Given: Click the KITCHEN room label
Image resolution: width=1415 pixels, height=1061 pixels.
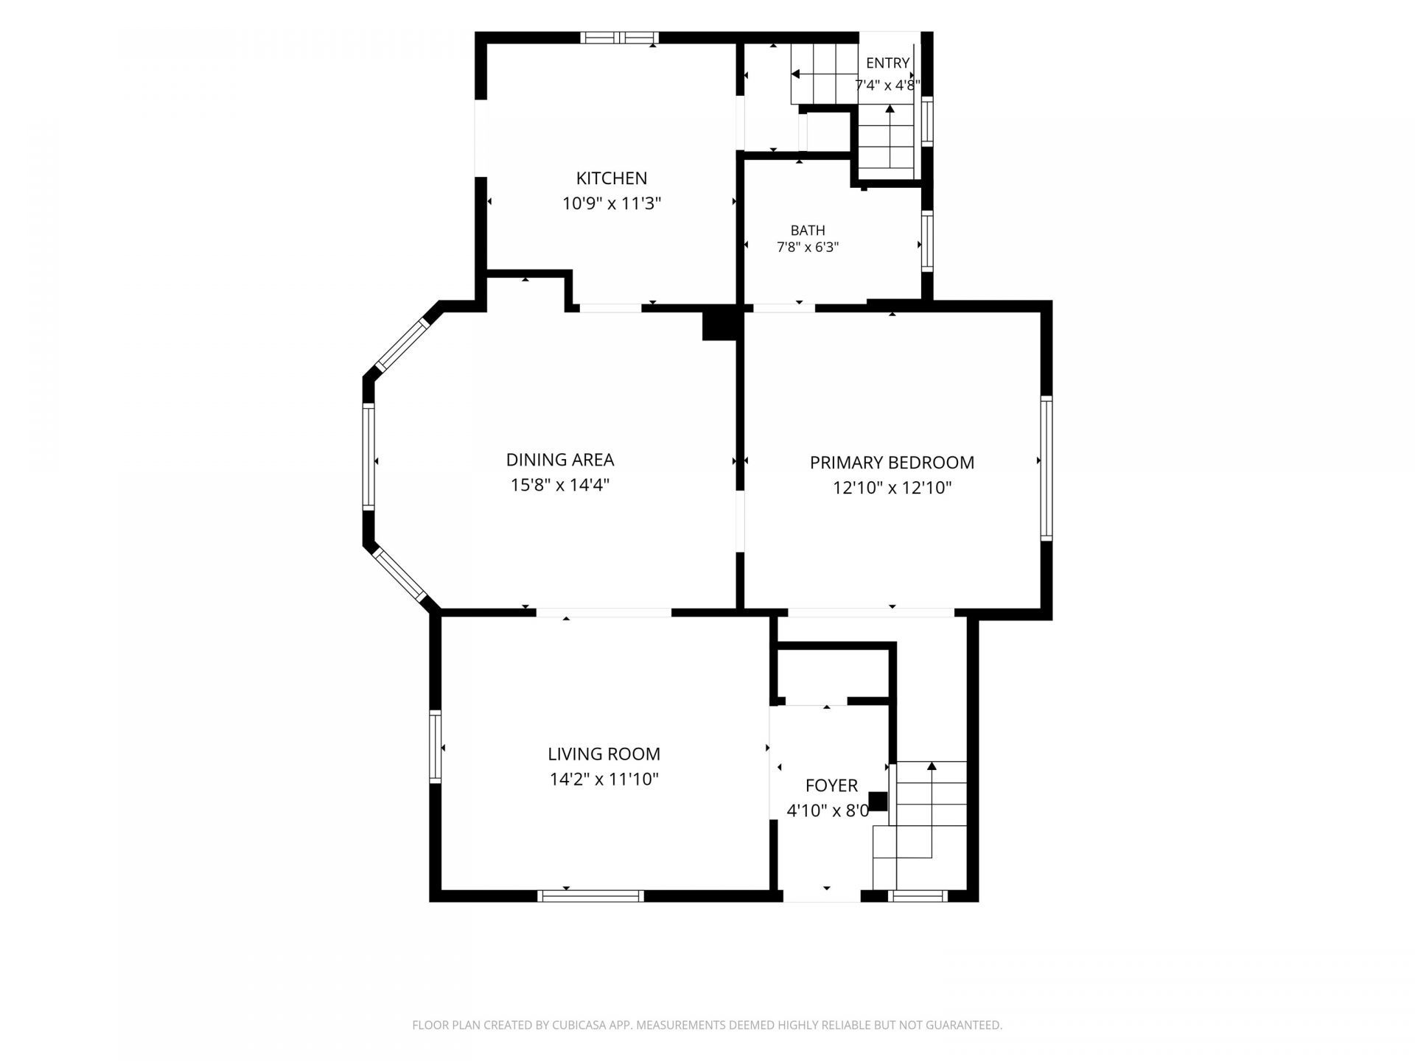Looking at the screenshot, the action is click(x=612, y=178).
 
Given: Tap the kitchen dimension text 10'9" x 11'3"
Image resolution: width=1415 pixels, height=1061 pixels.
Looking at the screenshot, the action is click(x=612, y=203).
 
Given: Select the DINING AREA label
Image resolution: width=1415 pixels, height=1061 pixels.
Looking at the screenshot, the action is click(x=560, y=460).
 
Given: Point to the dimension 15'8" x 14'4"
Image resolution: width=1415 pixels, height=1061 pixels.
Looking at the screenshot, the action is click(x=560, y=485).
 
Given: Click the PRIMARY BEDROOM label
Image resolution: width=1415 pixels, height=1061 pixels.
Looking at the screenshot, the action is click(x=892, y=463).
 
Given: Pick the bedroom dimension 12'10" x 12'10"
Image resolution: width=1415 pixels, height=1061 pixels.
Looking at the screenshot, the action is click(x=892, y=488).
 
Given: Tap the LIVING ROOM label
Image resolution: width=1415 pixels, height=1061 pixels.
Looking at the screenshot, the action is click(x=604, y=754).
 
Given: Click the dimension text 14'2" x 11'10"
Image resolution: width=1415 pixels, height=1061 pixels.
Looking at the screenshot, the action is click(x=604, y=779).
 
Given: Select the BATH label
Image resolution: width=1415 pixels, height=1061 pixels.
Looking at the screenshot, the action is click(x=808, y=231).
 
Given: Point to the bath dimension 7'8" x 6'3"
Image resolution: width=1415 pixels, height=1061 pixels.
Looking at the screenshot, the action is click(x=808, y=248).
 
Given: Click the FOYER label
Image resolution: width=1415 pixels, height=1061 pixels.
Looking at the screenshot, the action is click(x=831, y=785).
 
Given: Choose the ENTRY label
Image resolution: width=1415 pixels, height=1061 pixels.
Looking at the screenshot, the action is click(x=887, y=63).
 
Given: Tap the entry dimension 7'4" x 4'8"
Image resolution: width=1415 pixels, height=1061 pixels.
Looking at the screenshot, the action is click(x=887, y=85).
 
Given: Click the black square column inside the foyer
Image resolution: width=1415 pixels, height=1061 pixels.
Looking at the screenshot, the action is click(x=878, y=801).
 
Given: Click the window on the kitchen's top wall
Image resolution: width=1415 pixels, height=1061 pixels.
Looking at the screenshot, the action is click(x=618, y=38).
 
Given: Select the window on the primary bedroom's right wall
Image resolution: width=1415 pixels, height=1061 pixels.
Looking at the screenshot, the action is click(x=1046, y=468).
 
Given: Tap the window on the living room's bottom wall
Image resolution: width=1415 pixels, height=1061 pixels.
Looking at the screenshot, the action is click(x=590, y=896).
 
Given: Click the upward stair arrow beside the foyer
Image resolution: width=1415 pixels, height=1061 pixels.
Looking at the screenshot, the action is click(x=932, y=810).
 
